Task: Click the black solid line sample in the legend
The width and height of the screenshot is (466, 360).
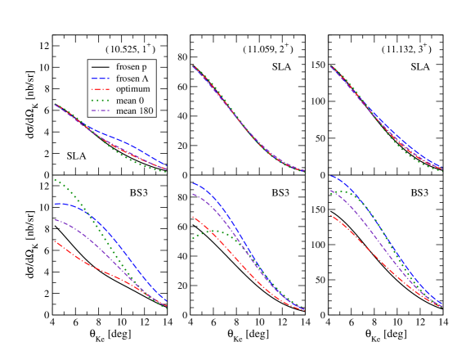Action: (x=101, y=65)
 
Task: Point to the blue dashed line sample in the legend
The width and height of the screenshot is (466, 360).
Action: (x=101, y=76)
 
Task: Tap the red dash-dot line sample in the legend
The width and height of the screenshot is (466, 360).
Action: (x=101, y=88)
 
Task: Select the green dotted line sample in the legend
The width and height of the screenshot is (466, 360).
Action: (x=101, y=99)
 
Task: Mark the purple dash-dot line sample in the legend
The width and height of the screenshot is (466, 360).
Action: (x=101, y=110)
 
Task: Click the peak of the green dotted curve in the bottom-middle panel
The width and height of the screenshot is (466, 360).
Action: (x=212, y=231)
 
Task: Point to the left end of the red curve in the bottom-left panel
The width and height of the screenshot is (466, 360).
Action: (x=54, y=241)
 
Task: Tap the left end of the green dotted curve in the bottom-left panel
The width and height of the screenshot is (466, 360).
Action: (x=54, y=179)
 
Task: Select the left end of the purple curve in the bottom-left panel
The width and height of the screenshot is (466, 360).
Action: (x=54, y=219)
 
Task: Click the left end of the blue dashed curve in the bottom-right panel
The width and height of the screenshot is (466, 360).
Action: (x=329, y=177)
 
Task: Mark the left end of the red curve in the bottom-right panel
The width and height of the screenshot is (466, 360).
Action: (x=329, y=216)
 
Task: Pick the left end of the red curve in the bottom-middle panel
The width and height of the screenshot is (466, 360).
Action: (x=192, y=217)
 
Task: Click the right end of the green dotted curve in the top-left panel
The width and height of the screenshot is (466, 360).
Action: (x=167, y=172)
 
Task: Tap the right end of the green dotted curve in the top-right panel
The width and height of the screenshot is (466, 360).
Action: (x=442, y=171)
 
